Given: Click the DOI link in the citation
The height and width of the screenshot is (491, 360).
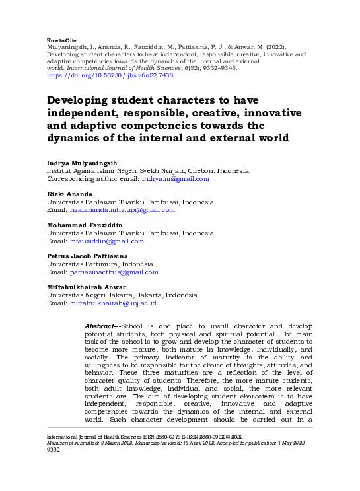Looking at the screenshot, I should click(x=110, y=76).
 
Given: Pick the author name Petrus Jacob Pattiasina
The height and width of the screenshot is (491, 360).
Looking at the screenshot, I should click(x=87, y=256).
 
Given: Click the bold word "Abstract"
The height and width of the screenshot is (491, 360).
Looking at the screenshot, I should click(x=100, y=326).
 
